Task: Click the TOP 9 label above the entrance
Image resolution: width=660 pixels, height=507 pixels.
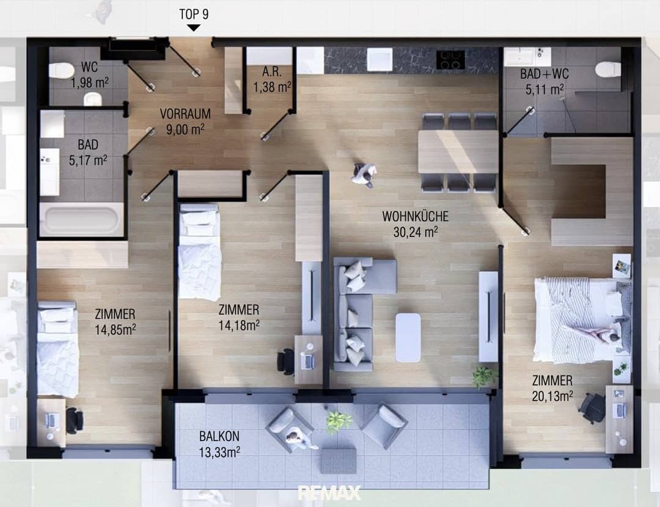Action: [194, 14]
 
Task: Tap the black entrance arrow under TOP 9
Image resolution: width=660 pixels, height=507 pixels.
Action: [193, 27]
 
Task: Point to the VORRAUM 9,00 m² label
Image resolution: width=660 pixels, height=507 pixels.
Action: [185, 122]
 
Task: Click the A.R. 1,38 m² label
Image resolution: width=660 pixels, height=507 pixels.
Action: [272, 79]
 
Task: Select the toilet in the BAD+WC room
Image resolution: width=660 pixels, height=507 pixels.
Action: [608, 69]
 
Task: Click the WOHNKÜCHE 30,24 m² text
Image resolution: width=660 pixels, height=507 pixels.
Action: [416, 224]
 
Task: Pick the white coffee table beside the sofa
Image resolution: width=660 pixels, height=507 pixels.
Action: [408, 337]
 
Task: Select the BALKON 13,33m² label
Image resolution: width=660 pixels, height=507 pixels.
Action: [219, 444]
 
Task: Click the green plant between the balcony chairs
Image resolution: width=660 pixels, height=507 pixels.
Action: [339, 421]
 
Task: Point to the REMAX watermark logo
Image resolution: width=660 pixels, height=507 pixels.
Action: [329, 493]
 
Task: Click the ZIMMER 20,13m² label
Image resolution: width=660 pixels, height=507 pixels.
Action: [552, 388]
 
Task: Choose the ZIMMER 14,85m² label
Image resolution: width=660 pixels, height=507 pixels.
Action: [115, 322]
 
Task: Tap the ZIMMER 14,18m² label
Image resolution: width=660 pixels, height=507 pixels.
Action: [239, 318]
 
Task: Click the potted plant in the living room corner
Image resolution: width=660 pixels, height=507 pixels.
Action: [485, 376]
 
